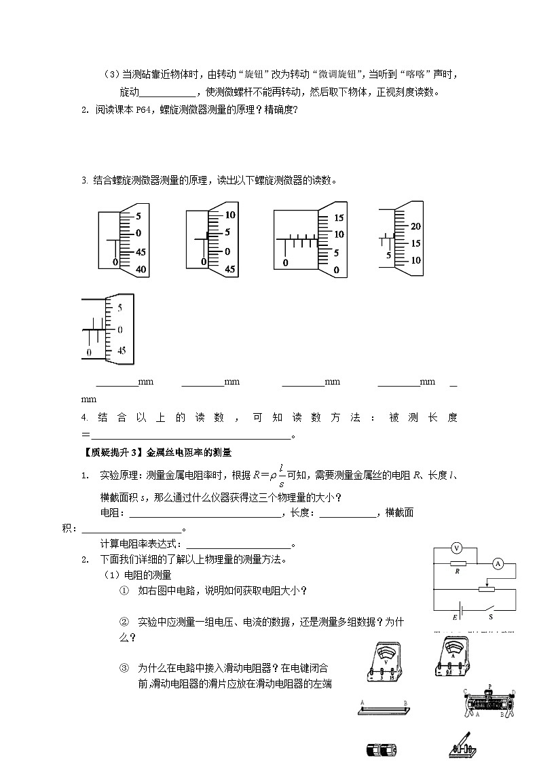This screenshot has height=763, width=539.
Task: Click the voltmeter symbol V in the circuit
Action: pyautogui.click(x=456, y=548)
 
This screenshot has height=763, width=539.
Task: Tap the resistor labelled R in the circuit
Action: pyautogui.click(x=458, y=563)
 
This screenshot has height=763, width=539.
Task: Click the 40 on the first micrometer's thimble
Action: pyautogui.click(x=141, y=269)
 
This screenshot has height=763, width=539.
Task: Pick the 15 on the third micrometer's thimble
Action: pyautogui.click(x=340, y=218)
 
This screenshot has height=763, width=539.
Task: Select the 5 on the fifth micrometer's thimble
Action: pyautogui.click(x=120, y=308)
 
